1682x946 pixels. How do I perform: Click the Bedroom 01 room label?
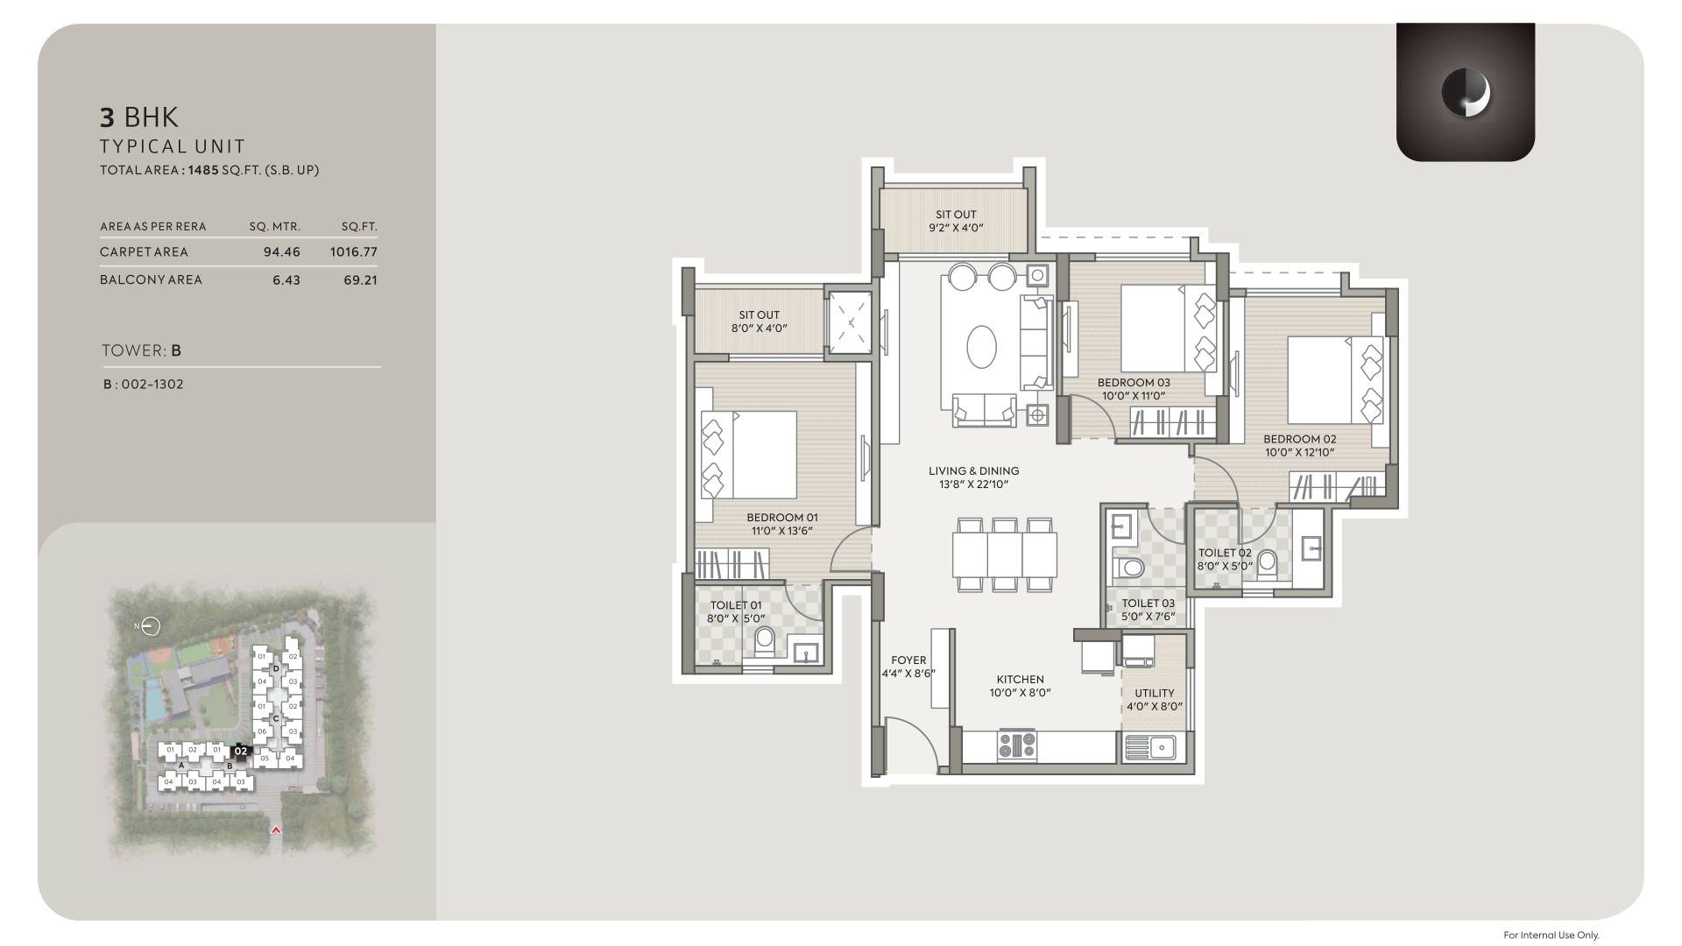point(782,518)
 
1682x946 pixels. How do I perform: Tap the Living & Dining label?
point(974,471)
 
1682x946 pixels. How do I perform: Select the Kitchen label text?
point(1021,679)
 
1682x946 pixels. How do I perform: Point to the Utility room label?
point(1155,693)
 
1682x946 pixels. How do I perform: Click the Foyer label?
point(908,660)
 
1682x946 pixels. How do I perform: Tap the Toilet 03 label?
point(1148,604)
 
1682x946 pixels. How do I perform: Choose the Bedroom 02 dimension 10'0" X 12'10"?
point(1300,453)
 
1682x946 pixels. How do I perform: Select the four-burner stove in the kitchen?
point(1017,746)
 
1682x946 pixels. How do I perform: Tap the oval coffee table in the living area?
point(981,349)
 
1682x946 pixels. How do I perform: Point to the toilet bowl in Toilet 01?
point(765,640)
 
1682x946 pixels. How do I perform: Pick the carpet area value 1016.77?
point(353,252)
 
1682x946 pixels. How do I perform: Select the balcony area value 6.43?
point(286,280)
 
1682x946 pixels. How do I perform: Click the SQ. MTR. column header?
point(275,226)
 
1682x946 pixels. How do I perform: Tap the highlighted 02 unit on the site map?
point(241,751)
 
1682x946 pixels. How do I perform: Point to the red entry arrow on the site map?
point(276,830)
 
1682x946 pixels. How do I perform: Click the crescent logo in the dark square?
point(1466,93)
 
